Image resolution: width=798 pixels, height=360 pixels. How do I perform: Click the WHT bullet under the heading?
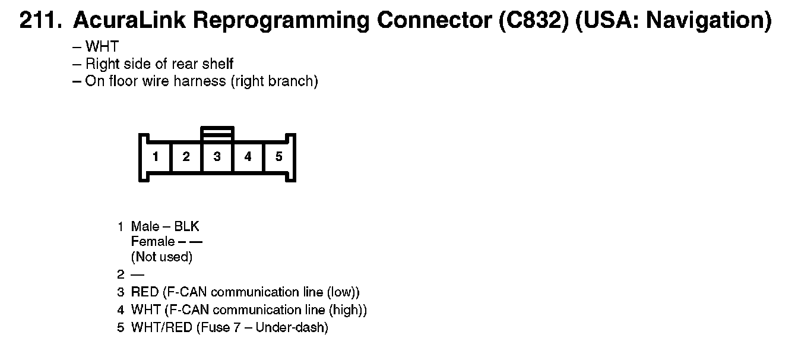[x=102, y=47]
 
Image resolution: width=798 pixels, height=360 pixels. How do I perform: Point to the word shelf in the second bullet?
[x=218, y=64]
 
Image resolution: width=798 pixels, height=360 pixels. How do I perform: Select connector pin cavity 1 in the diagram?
[x=156, y=157]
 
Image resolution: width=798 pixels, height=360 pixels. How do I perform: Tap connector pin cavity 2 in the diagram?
[x=186, y=157]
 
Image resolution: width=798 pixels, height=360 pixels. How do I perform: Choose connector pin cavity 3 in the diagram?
[x=217, y=157]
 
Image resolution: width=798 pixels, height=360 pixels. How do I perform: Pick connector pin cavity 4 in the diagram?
[x=248, y=157]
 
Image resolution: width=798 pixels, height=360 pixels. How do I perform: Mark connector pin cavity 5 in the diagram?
[x=279, y=157]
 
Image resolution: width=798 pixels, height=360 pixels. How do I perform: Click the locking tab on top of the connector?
[x=217, y=134]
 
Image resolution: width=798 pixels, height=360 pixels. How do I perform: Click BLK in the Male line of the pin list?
[x=187, y=226]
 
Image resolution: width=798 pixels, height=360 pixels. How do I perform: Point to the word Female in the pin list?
[x=153, y=242]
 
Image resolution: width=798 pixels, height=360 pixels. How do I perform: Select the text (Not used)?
[x=161, y=257]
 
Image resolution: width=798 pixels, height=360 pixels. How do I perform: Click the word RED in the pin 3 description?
[x=145, y=292]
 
